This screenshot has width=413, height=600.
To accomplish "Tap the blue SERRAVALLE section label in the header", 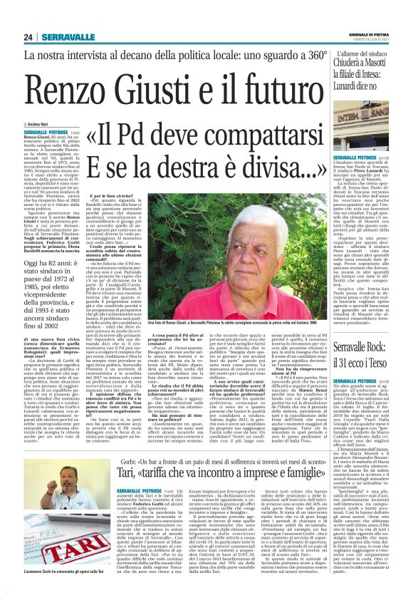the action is [63, 37].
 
